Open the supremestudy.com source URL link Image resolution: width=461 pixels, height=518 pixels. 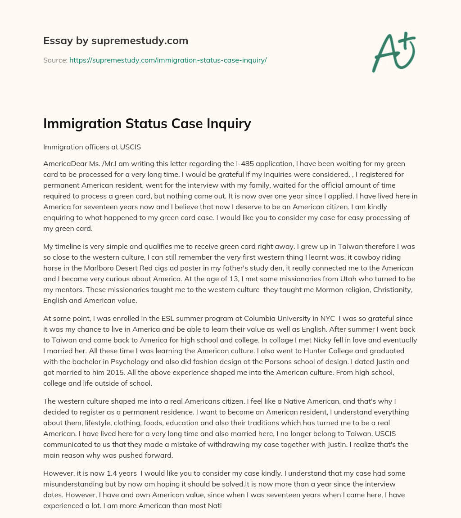point(168,60)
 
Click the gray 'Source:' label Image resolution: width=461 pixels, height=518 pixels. point(55,60)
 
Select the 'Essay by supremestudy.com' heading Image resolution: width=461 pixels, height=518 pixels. point(116,41)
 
